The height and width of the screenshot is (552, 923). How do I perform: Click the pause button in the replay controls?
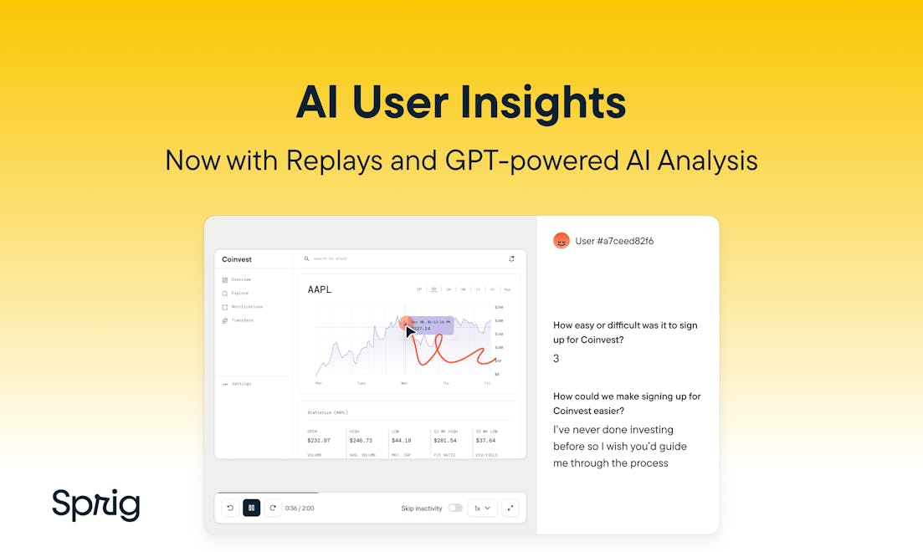point(251,508)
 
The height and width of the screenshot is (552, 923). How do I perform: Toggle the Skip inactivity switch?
point(455,508)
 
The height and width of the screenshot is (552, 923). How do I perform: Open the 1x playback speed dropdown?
point(483,508)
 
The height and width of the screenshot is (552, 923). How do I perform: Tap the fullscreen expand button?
point(510,508)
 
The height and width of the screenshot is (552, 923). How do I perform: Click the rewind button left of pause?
point(230,508)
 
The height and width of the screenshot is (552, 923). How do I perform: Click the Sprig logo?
point(95,504)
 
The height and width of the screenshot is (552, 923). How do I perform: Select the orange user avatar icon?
point(561,241)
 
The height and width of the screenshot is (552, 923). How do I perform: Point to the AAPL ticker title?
point(320,289)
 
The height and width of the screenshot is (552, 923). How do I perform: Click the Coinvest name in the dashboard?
point(237,259)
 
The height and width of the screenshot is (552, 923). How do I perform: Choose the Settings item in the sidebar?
point(241,384)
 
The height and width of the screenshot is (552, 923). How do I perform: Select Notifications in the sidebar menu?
point(246,307)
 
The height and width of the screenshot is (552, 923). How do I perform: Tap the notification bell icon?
point(511,259)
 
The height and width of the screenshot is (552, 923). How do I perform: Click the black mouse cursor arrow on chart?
point(411,331)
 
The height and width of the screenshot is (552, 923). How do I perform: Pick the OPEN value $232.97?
point(319,440)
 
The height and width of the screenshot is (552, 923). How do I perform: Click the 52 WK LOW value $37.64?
point(485,440)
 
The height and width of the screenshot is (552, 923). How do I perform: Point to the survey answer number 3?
point(556,359)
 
